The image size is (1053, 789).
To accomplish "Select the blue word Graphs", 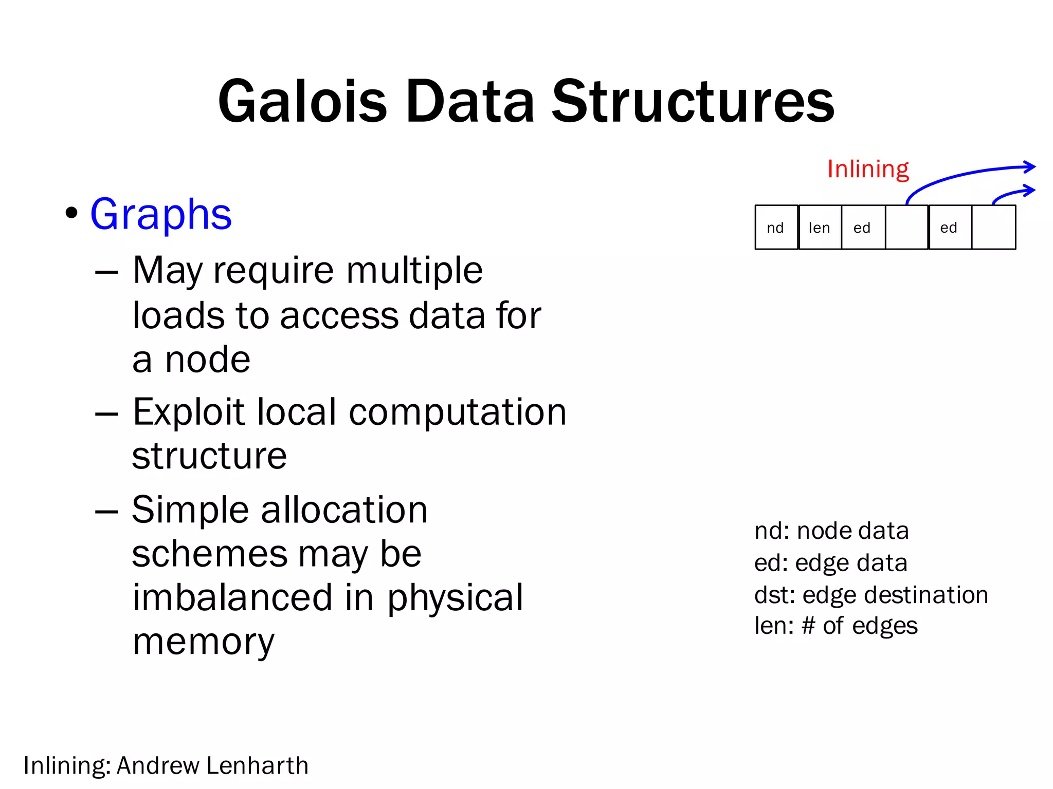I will pos(161,214).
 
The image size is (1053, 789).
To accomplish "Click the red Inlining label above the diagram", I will pos(868,169).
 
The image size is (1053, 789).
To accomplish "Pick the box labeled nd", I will pos(776,228).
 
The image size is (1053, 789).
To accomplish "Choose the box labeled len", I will pos(820,228).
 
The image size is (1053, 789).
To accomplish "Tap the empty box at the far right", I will pos(993,228).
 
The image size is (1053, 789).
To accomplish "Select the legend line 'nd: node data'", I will pos(831,531).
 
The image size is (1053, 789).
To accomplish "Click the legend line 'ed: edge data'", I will pos(830,563).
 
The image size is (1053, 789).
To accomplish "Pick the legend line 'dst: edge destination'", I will pos(871,595).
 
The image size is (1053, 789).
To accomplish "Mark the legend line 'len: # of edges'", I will pos(836,626).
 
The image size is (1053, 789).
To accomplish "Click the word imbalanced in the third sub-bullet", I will pos(232,597).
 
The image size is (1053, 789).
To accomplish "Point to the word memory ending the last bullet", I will pos(204,642).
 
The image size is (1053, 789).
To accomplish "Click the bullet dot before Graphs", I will pos(72,213).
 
